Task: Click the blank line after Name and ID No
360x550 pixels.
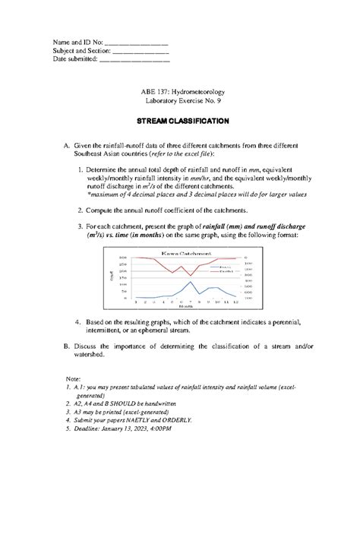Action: point(135,43)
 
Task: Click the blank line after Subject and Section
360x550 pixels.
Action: point(140,51)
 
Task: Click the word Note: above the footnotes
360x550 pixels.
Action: point(73,378)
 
